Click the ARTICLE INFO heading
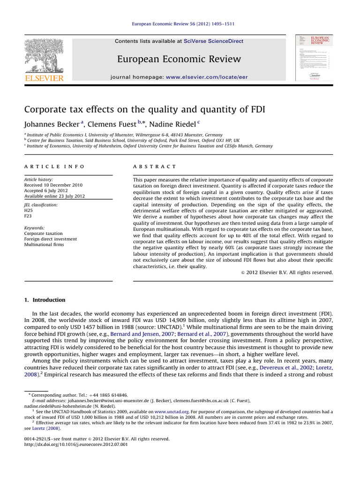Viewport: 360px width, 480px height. [54, 166]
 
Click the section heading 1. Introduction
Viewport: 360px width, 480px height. [45, 300]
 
